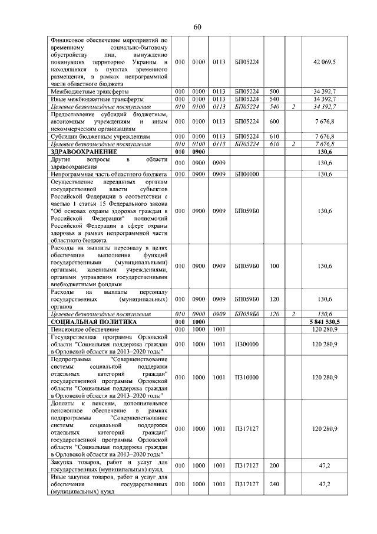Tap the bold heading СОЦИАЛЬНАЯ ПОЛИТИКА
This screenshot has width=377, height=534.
pyautogui.click(x=85, y=322)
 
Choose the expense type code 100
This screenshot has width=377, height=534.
pyautogui.click(x=274, y=266)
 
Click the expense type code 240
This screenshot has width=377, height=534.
pyautogui.click(x=274, y=483)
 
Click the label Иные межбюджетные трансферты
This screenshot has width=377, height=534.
pyautogui.click(x=89, y=99)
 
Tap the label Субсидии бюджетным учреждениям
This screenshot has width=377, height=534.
pyautogui.click(x=92, y=136)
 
